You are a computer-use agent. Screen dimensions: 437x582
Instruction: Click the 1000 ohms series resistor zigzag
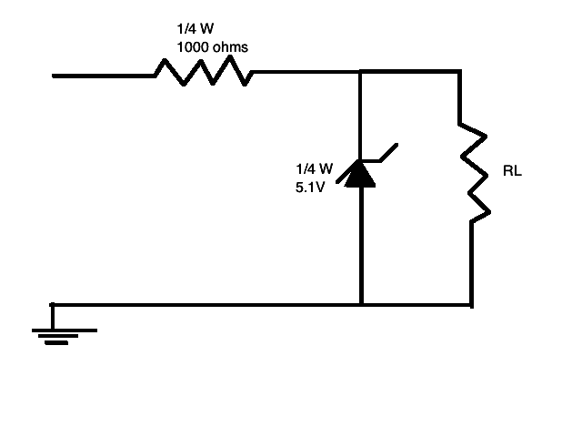pyautogui.click(x=203, y=72)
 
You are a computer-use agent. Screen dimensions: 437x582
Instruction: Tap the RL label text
pyautogui.click(x=512, y=171)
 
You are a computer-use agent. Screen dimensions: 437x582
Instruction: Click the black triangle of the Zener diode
pyautogui.click(x=361, y=173)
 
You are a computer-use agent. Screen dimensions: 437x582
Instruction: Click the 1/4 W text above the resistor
pyautogui.click(x=195, y=27)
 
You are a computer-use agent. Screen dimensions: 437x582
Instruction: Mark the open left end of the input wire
pyautogui.click(x=55, y=76)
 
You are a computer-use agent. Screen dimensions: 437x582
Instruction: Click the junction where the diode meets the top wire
pyautogui.click(x=361, y=71)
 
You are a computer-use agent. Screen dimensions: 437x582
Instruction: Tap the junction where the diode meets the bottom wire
pyautogui.click(x=361, y=304)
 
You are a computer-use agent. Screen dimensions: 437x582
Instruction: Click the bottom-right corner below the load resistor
pyautogui.click(x=471, y=304)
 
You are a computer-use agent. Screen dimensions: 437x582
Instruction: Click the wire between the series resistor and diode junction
pyautogui.click(x=305, y=71)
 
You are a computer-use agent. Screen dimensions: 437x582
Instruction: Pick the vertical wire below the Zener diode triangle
pyautogui.click(x=361, y=246)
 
